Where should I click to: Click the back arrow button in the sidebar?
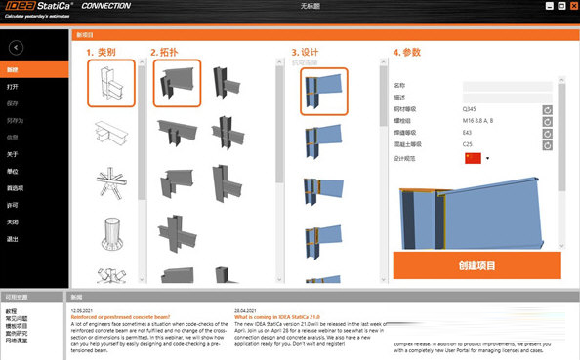(16, 47)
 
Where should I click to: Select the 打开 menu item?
(13, 86)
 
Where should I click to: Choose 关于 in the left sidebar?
(13, 153)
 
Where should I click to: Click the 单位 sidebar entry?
(13, 170)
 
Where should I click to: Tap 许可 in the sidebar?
(13, 204)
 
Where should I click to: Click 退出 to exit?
(13, 237)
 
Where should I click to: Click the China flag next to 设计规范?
(474, 158)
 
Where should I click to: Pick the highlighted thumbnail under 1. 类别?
(109, 83)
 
